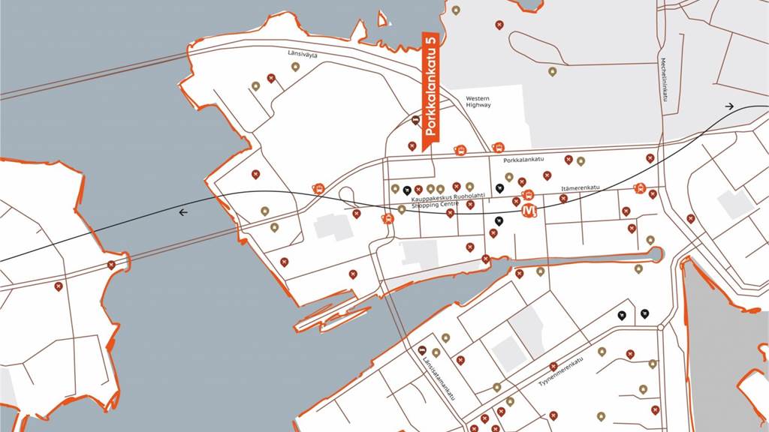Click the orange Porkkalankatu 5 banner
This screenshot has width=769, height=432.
tap(430, 86)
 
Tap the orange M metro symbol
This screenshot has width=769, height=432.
tap(529, 211)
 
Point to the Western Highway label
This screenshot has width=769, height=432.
tap(478, 101)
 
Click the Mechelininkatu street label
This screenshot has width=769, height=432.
tap(664, 79)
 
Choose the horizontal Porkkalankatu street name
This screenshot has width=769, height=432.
tap(523, 160)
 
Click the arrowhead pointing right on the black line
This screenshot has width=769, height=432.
tap(729, 106)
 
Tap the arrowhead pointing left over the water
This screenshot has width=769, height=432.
tap(183, 212)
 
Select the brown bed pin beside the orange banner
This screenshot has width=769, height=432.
tap(417, 120)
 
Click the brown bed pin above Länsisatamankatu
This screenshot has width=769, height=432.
tap(422, 350)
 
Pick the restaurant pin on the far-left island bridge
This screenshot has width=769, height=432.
tap(111, 264)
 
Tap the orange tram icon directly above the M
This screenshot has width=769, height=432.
tap(528, 195)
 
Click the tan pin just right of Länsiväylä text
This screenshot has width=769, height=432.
tap(295, 67)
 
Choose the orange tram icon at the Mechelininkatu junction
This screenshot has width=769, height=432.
tap(639, 188)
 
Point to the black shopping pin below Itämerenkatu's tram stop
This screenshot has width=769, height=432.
tap(499, 220)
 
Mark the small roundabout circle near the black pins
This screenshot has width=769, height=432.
tap(660, 328)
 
